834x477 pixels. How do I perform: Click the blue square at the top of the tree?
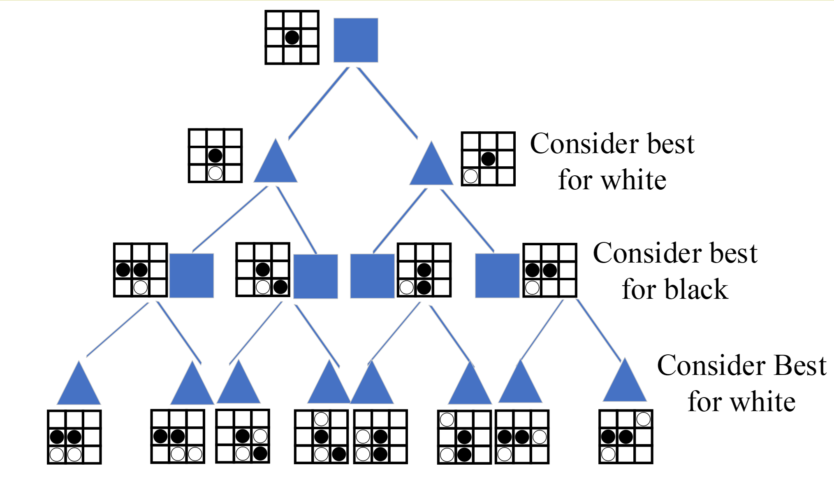pyautogui.click(x=356, y=40)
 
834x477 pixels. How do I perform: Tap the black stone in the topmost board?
pyautogui.click(x=292, y=37)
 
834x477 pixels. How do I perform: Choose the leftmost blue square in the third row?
pyautogui.click(x=192, y=275)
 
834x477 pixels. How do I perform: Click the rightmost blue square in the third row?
pyautogui.click(x=497, y=275)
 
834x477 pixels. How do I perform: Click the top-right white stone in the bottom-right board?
pyautogui.click(x=644, y=419)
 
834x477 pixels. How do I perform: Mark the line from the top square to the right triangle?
pyautogui.click(x=387, y=103)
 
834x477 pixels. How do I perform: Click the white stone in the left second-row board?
pyautogui.click(x=215, y=173)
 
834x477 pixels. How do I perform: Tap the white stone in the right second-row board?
pyautogui.click(x=471, y=176)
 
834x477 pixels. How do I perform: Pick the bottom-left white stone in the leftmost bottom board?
pyautogui.click(x=57, y=455)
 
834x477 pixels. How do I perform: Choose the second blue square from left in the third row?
pyautogui.click(x=315, y=276)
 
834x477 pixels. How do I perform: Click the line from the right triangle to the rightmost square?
pyautogui.click(x=467, y=221)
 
